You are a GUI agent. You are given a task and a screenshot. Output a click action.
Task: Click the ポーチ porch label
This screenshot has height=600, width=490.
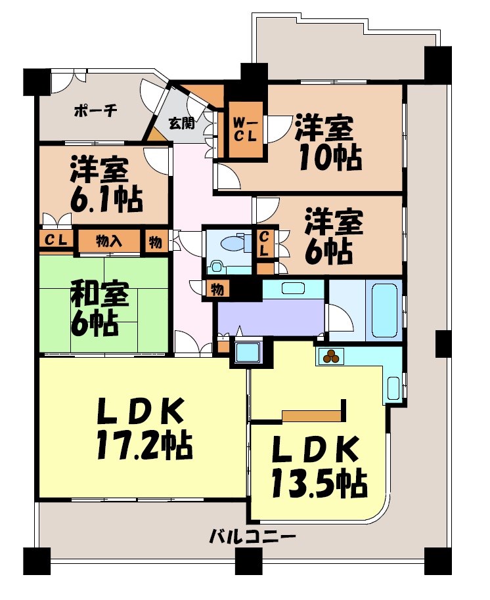pos(95,110)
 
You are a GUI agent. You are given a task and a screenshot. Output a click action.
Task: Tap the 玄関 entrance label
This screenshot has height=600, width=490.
pos(181,123)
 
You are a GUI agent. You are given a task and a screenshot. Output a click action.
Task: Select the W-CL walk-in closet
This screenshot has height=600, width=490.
pos(246,129)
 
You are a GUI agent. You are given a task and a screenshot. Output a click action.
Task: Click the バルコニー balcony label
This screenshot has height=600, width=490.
pos(253,536)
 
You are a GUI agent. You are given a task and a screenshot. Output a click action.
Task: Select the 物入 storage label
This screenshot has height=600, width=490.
pos(109,241)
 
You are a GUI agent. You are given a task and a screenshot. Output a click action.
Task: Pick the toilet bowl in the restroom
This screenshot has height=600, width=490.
pos(231,244)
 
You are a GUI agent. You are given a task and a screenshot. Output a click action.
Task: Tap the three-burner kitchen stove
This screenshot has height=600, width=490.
pos(330,356)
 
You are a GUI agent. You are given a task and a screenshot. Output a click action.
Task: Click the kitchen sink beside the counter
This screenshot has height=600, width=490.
pos(394,388)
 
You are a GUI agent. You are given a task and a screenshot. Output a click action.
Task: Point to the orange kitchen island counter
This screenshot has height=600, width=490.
pos(313,414)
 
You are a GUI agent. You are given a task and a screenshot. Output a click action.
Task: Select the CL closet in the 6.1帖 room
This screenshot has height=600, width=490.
pos(56,240)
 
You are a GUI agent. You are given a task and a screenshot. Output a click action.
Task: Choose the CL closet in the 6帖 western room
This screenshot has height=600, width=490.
pos(264,244)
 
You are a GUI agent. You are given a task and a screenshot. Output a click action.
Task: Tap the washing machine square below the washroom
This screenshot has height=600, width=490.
pos(248,353)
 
